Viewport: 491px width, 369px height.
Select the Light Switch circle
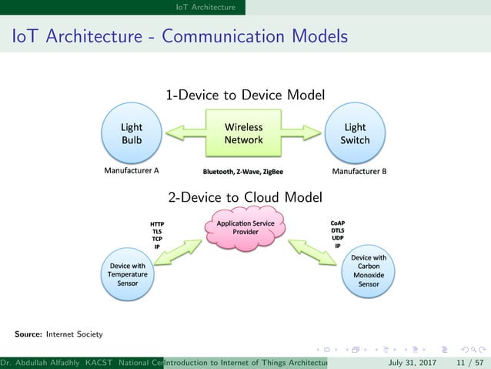356,134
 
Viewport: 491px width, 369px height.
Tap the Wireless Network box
243,133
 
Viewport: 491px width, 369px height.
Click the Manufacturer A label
131,171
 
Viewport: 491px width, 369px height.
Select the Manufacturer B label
359,171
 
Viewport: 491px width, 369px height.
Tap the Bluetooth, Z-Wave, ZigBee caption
243,171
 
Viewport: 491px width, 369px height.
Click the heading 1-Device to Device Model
245,95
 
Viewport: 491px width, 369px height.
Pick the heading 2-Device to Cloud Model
245,198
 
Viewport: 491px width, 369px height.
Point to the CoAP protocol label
337,223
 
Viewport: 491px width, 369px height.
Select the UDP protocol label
337,238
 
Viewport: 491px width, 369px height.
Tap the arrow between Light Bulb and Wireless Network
182,134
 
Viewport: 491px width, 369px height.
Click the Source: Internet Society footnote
58,334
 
